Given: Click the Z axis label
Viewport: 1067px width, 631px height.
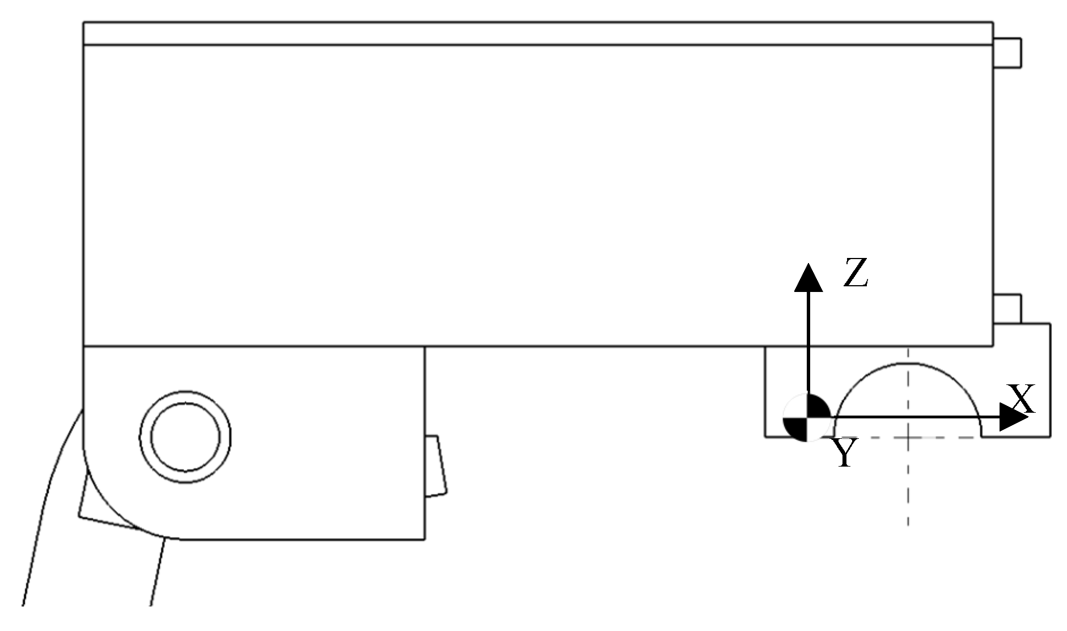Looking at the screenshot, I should [x=856, y=273].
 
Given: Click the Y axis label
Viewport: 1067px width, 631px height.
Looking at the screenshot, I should [x=845, y=454].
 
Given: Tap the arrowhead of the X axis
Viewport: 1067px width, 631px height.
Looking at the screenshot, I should [x=1013, y=418].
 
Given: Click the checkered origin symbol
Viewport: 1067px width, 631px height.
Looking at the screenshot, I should [x=807, y=418].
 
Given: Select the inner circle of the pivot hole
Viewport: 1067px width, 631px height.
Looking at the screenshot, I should [x=185, y=436].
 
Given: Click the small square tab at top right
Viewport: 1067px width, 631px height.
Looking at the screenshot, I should [x=1007, y=53].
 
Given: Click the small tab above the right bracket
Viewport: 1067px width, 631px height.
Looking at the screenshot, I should [x=1007, y=308].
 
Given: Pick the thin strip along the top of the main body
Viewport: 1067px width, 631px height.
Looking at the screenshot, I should [x=537, y=33].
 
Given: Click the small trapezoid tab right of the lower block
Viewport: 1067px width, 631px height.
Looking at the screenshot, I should [x=435, y=466].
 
